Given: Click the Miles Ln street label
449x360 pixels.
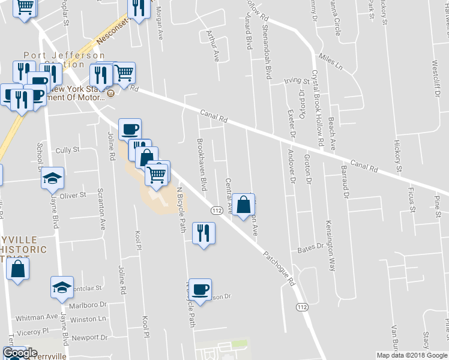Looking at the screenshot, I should [330, 60].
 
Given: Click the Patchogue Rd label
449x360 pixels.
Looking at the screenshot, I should [280, 268].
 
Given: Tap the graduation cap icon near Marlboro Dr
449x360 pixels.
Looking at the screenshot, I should [62, 287].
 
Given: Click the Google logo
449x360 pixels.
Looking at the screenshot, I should [20, 353].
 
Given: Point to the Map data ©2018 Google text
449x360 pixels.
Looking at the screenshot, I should [411, 355].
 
